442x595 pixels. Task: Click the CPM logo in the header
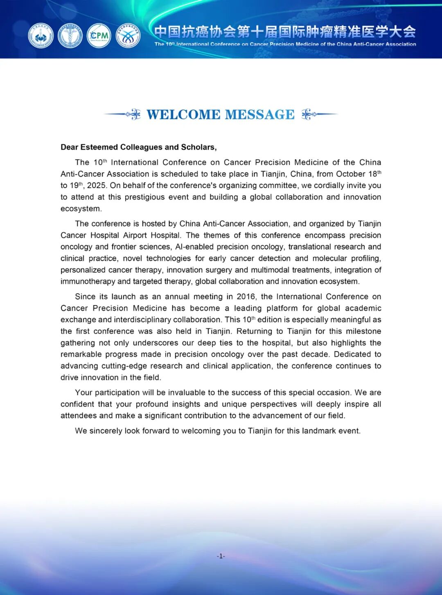click(x=99, y=36)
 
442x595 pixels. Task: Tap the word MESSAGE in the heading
click(x=260, y=115)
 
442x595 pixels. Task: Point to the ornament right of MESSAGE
click(x=320, y=115)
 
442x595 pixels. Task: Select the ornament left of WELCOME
click(x=122, y=115)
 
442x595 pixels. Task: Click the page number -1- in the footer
click(x=221, y=556)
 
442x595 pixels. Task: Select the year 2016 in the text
click(x=246, y=297)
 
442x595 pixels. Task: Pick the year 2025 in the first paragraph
click(x=97, y=186)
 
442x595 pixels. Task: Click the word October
click(x=351, y=174)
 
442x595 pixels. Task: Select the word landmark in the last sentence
click(x=318, y=431)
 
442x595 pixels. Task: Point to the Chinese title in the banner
click(x=285, y=32)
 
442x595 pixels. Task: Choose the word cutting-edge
click(x=124, y=366)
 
